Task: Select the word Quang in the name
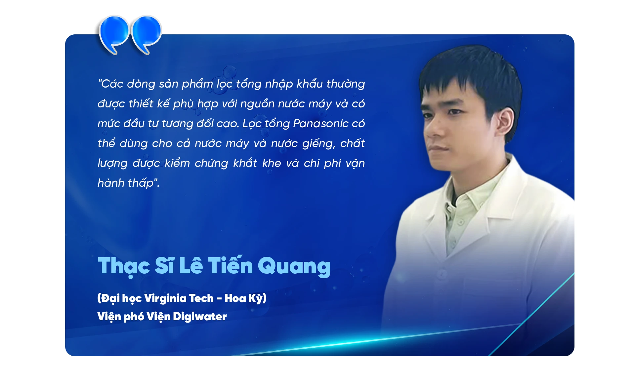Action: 294,266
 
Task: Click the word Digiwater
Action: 199,317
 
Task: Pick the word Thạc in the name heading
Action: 124,266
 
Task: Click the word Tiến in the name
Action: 230,266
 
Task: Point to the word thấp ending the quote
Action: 141,183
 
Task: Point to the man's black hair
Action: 470,69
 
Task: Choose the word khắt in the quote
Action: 245,163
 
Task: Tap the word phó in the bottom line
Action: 134,317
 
